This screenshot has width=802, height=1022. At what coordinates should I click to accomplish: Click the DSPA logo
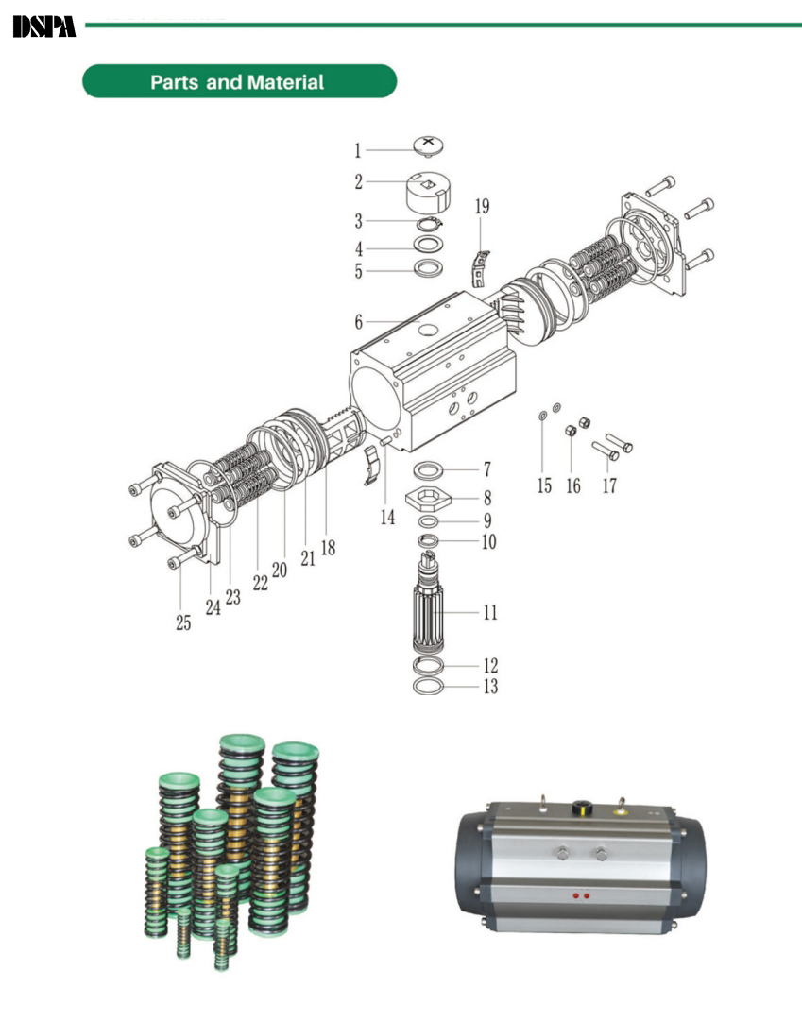(44, 26)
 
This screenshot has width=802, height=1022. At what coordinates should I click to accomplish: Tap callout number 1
(357, 150)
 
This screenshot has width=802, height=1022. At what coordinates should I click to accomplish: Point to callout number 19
(482, 206)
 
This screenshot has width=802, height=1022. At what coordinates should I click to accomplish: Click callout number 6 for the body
(359, 321)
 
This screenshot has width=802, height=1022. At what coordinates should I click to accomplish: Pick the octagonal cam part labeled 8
(428, 500)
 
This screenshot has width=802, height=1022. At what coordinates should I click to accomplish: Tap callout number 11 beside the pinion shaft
(489, 612)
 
